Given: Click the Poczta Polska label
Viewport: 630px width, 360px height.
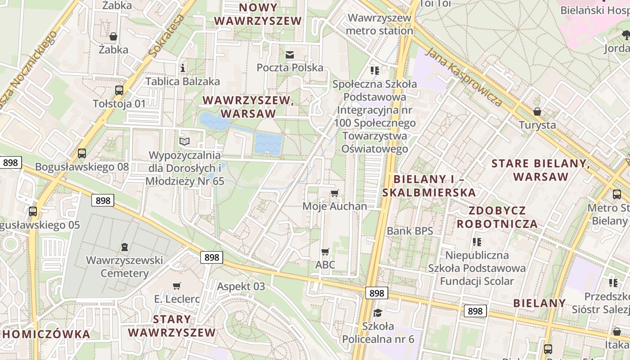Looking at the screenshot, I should tap(290, 67).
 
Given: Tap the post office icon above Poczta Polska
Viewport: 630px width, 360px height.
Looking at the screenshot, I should tap(290, 55).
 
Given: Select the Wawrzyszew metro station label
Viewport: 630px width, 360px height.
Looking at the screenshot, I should tap(379, 24).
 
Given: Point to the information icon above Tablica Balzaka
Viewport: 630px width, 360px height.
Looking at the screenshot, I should tap(183, 68).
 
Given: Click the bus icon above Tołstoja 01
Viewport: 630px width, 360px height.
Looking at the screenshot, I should tap(119, 90).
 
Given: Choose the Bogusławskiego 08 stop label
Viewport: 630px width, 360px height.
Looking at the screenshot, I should tap(82, 167).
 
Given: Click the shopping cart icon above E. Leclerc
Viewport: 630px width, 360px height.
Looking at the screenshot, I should tap(177, 286).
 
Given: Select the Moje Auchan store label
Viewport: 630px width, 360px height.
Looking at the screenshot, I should tap(334, 207).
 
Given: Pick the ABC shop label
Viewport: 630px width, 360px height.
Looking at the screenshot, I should tap(325, 265).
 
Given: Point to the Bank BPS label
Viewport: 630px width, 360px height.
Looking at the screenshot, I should tap(409, 231).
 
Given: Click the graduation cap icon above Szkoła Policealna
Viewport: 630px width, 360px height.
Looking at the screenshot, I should tap(378, 313).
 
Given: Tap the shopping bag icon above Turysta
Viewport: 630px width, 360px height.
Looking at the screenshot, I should tap(537, 112).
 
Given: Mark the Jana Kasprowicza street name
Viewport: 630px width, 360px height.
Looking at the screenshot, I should tap(464, 77).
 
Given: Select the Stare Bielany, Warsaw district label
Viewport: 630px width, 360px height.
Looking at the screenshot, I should tap(540, 170).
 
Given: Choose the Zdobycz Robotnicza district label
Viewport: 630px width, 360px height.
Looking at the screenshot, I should tap(497, 217).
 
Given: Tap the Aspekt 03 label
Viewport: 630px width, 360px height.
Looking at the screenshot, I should tap(241, 286).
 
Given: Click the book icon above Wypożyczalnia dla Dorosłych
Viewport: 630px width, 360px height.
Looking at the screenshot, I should tap(184, 142).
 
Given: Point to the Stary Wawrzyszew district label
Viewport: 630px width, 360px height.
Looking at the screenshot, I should tap(172, 326).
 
